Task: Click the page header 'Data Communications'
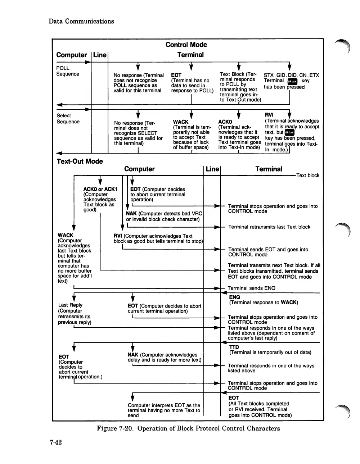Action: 81,21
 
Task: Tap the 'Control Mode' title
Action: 186,45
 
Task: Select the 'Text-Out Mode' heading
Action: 80,161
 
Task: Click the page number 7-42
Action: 56,442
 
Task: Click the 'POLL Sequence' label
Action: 68,71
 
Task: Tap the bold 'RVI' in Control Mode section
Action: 269,115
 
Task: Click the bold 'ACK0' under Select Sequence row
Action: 225,122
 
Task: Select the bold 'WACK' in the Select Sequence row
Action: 181,122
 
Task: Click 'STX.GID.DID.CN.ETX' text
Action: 291,75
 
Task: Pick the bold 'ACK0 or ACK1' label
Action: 100,189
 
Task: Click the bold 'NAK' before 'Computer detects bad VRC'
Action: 131,213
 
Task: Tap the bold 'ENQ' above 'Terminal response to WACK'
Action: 235,297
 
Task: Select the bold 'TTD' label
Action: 234,347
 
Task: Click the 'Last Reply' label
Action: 70,305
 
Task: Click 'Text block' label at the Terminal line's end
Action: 308,176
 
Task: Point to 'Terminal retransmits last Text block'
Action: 269,227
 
